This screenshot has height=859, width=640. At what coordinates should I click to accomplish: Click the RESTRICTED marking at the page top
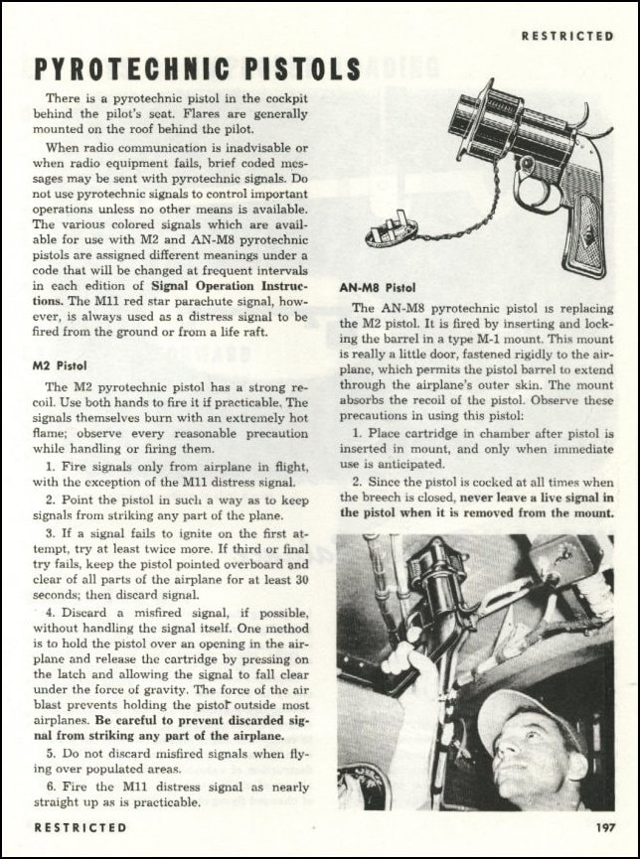567,36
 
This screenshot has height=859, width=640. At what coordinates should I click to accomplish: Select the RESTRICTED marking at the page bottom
80,826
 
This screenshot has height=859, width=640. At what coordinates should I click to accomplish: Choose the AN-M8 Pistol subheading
378,288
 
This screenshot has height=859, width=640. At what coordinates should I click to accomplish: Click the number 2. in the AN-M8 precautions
357,481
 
